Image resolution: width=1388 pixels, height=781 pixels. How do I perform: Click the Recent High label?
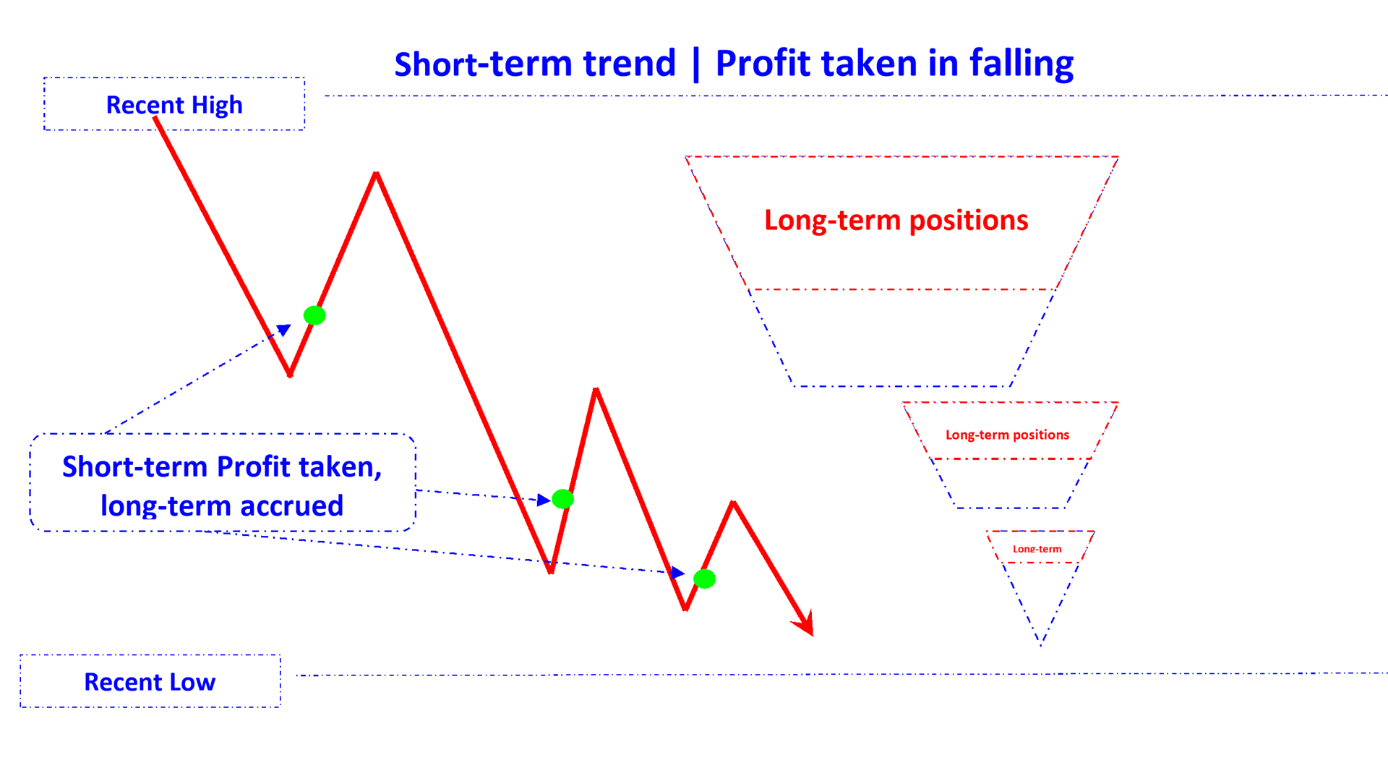tap(174, 105)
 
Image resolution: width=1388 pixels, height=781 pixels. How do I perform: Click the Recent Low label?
tap(150, 682)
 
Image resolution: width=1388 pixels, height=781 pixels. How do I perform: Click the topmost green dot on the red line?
tap(314, 315)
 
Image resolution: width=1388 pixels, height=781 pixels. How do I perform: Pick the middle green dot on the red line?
tap(562, 499)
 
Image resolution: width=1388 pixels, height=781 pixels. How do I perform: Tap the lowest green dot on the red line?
tap(704, 579)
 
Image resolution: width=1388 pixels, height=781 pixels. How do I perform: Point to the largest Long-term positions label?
tap(896, 220)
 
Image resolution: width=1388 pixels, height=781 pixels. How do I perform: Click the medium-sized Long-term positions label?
tap(1007, 435)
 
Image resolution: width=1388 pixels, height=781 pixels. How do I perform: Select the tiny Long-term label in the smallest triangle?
tap(1037, 549)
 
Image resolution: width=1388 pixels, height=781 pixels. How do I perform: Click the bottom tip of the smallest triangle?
tap(1040, 643)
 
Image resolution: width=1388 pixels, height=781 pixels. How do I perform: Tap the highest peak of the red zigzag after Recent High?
tap(376, 174)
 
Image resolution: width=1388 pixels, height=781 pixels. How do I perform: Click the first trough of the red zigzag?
tap(290, 375)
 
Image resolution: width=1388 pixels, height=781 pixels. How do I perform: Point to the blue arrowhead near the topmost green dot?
tap(284, 330)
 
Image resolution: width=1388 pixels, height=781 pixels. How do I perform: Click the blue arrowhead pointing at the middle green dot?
tap(544, 500)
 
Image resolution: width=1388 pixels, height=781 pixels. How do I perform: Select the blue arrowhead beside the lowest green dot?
tap(677, 573)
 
